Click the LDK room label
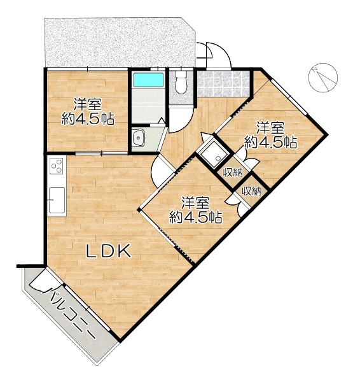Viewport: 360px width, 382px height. [108, 251]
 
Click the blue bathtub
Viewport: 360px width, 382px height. [148, 80]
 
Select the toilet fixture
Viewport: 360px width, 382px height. [181, 81]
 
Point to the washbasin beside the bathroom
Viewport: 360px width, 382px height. [139, 138]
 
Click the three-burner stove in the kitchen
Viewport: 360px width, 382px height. [57, 166]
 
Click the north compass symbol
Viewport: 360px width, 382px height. [322, 77]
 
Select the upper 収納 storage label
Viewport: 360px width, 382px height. [233, 173]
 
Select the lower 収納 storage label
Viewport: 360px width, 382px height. [252, 191]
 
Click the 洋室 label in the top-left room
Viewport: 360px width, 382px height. [88, 104]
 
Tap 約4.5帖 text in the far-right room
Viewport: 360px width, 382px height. [271, 142]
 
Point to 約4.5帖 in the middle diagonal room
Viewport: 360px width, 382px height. [195, 217]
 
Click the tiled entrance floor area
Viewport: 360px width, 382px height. [223, 83]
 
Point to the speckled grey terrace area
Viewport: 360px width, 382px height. [120, 42]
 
